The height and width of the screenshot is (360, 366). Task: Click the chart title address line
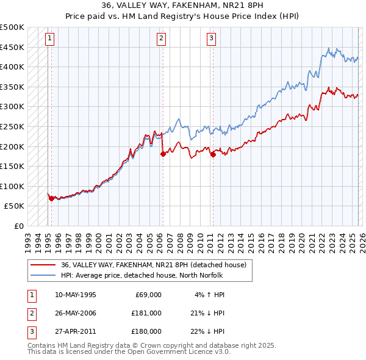182,5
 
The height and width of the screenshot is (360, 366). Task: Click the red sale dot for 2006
163,154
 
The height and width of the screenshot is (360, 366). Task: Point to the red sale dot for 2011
213,154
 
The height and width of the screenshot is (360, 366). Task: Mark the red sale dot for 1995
51,198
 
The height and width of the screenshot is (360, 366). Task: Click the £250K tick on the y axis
13,126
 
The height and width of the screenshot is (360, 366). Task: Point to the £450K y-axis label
13,47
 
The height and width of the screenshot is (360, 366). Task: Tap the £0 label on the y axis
19,226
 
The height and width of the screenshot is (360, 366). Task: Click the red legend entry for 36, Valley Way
153,265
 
